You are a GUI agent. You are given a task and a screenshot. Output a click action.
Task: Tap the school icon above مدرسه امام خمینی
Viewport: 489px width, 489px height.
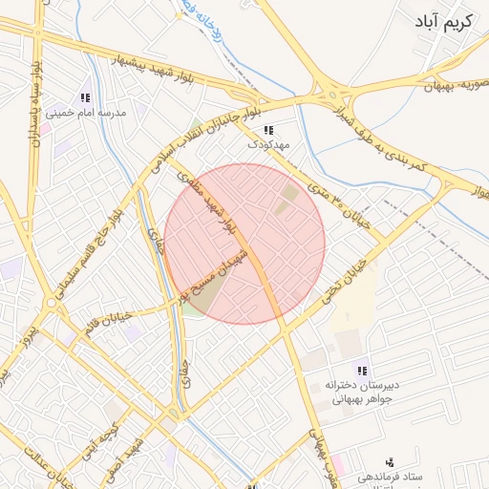tap(85, 96)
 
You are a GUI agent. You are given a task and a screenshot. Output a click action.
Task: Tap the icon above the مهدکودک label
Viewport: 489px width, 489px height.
tap(267, 130)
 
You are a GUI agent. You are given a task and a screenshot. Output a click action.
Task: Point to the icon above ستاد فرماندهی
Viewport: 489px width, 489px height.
tap(389, 461)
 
